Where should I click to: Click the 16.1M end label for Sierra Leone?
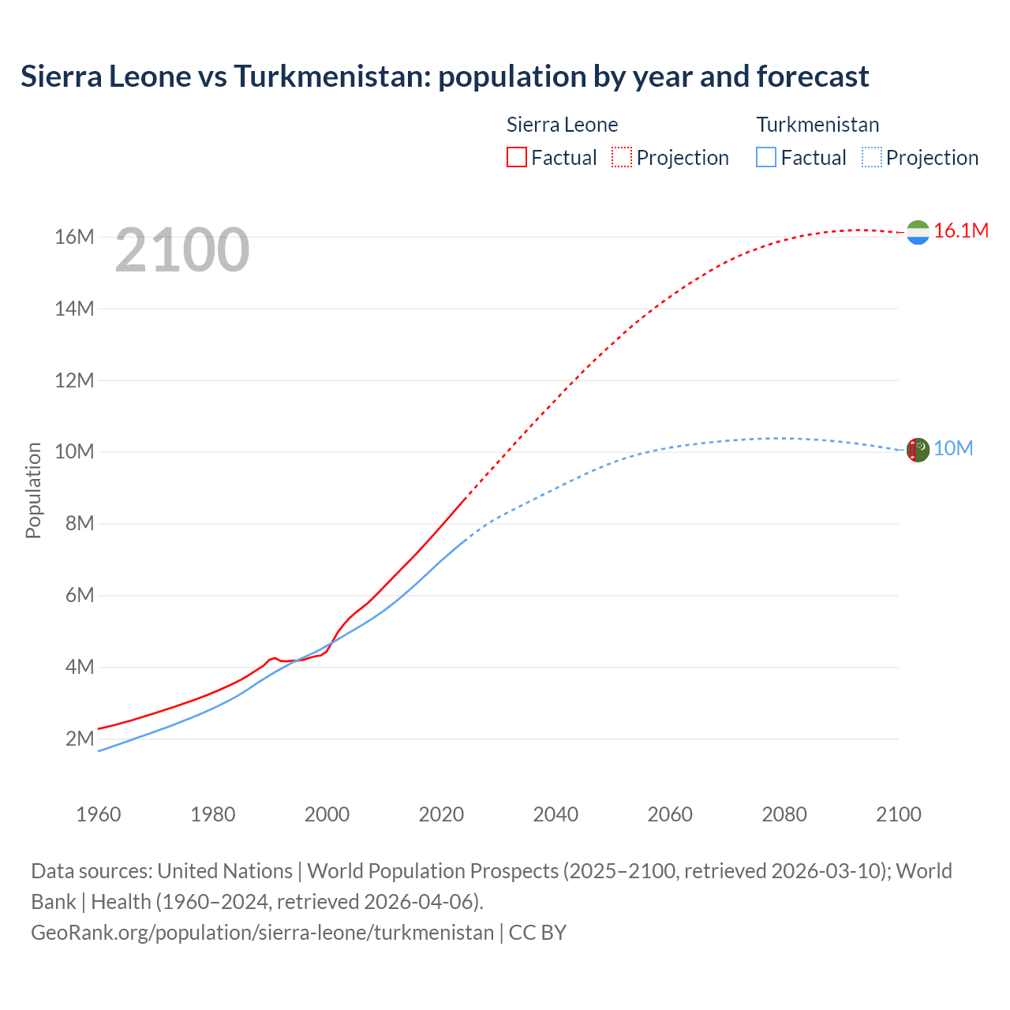(x=961, y=230)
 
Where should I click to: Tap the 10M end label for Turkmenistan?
(x=953, y=448)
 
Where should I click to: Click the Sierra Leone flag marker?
(x=918, y=232)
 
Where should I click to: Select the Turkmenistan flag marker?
(x=918, y=451)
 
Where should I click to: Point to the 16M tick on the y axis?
(x=74, y=237)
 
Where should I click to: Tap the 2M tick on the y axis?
(x=79, y=739)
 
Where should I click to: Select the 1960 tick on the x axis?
(x=99, y=814)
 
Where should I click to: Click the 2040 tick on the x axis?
(x=555, y=814)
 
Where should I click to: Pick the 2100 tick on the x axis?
(x=899, y=814)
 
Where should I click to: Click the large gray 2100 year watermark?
(x=182, y=250)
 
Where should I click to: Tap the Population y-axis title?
(x=33, y=490)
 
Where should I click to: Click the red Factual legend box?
(x=517, y=157)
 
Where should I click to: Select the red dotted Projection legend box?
(x=622, y=157)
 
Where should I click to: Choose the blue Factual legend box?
(x=766, y=157)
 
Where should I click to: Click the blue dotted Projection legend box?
(x=871, y=157)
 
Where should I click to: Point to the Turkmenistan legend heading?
(x=817, y=125)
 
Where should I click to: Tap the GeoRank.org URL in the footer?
(x=262, y=932)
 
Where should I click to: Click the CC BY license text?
(x=537, y=932)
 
